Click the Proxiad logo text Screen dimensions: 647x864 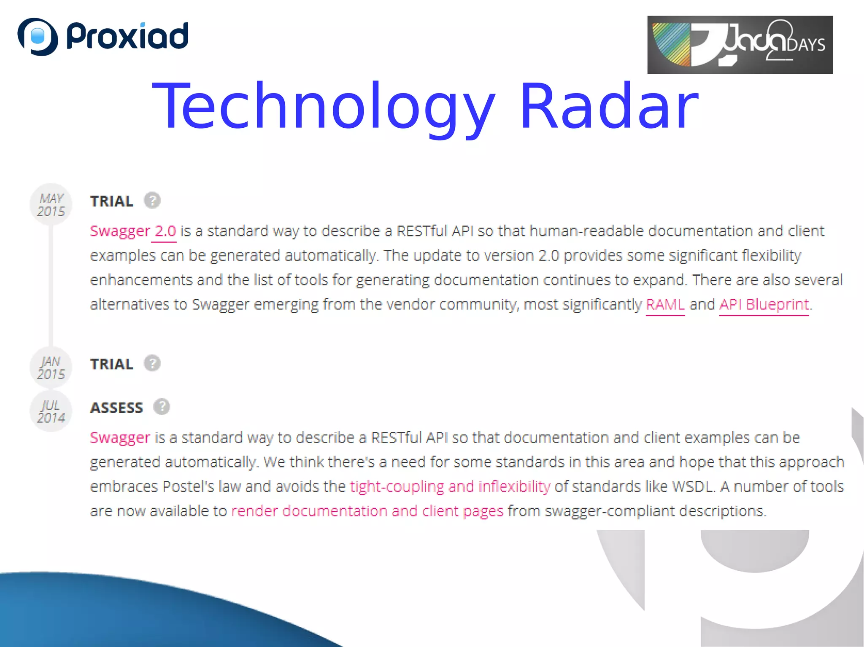tap(127, 36)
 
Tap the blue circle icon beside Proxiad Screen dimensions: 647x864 tap(38, 37)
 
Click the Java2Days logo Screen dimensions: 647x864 tap(740, 45)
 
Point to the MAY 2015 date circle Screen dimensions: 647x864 tap(51, 204)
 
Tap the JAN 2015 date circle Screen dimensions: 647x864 tap(51, 368)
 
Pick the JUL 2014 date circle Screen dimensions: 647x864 tap(51, 411)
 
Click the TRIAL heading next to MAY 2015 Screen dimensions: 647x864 tap(112, 201)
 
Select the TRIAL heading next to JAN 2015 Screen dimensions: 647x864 tap(112, 364)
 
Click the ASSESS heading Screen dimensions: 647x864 tap(117, 408)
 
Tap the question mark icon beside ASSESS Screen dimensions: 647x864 tap(162, 407)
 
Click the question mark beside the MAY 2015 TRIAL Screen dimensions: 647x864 tap(152, 201)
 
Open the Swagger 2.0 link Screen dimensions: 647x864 tap(133, 231)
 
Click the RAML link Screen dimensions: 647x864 tap(665, 304)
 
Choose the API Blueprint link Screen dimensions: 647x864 tap(764, 304)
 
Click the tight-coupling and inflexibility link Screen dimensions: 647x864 tap(450, 486)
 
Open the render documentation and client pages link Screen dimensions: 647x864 tap(367, 511)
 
